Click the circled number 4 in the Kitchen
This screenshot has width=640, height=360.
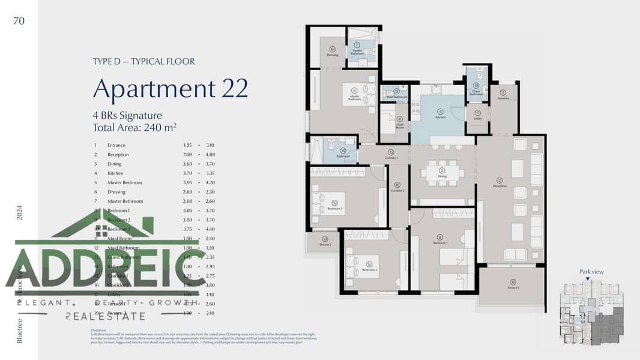[x=440, y=111]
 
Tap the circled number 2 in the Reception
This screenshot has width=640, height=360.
[x=500, y=180]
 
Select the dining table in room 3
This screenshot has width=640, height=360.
[x=442, y=173]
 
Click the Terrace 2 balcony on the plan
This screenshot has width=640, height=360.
[x=325, y=241]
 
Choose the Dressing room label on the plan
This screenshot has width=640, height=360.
[x=333, y=55]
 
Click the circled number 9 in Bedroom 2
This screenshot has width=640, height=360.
[x=369, y=264]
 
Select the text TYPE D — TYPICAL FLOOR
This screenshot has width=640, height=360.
[x=144, y=61]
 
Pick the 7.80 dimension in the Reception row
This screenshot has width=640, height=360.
[x=188, y=155]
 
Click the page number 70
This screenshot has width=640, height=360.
[x=19, y=21]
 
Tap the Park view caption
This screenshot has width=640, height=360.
[x=591, y=272]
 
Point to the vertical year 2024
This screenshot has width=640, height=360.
[x=19, y=213]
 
